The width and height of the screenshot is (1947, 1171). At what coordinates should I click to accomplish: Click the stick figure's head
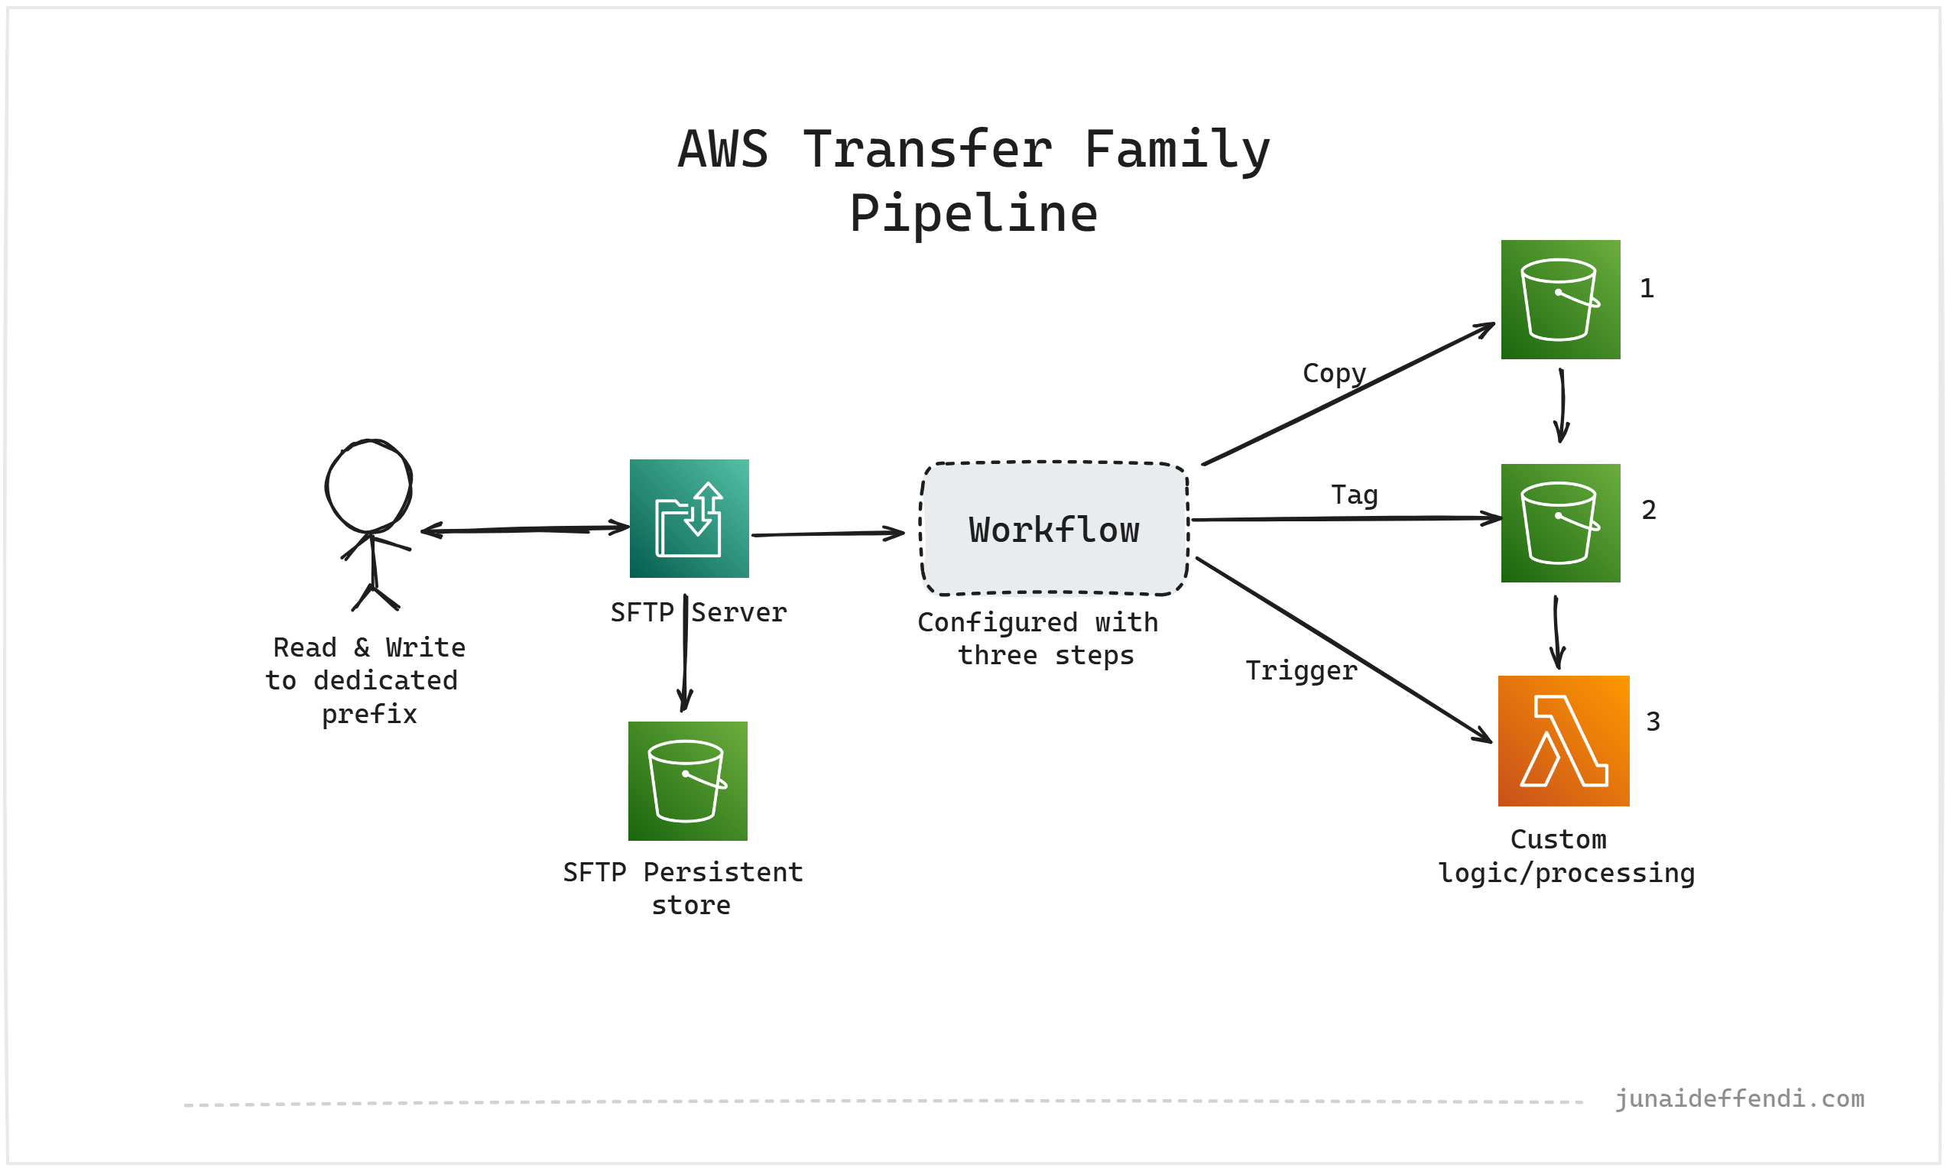tap(368, 485)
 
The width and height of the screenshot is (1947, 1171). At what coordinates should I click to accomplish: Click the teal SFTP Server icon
tap(689, 518)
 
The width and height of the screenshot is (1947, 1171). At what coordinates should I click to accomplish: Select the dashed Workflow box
tap(1053, 528)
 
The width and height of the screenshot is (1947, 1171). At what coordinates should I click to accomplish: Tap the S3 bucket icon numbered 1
tap(1559, 299)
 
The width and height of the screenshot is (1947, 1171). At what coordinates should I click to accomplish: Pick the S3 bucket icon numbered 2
tap(1559, 522)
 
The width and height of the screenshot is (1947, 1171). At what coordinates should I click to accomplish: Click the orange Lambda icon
tap(1562, 741)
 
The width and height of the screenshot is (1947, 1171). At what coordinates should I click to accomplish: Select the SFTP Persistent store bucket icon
tap(687, 780)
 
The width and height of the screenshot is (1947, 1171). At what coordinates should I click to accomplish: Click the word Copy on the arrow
tap(1333, 372)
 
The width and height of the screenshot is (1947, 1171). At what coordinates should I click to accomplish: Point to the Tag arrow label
tap(1354, 495)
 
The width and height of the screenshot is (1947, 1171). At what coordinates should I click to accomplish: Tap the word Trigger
tap(1300, 670)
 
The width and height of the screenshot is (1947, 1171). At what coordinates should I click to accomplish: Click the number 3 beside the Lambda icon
tap(1653, 722)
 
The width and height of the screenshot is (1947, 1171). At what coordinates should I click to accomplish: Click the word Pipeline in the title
tap(972, 213)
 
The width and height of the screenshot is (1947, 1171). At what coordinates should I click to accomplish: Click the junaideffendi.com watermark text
tap(1739, 1098)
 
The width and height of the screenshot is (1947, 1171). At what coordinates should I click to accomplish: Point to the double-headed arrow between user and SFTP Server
tap(524, 530)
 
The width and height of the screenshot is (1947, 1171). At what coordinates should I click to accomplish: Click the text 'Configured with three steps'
tap(1038, 638)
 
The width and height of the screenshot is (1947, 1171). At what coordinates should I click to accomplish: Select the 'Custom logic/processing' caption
tap(1566, 855)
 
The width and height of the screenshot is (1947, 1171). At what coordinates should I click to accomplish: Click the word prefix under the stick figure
tap(368, 714)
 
